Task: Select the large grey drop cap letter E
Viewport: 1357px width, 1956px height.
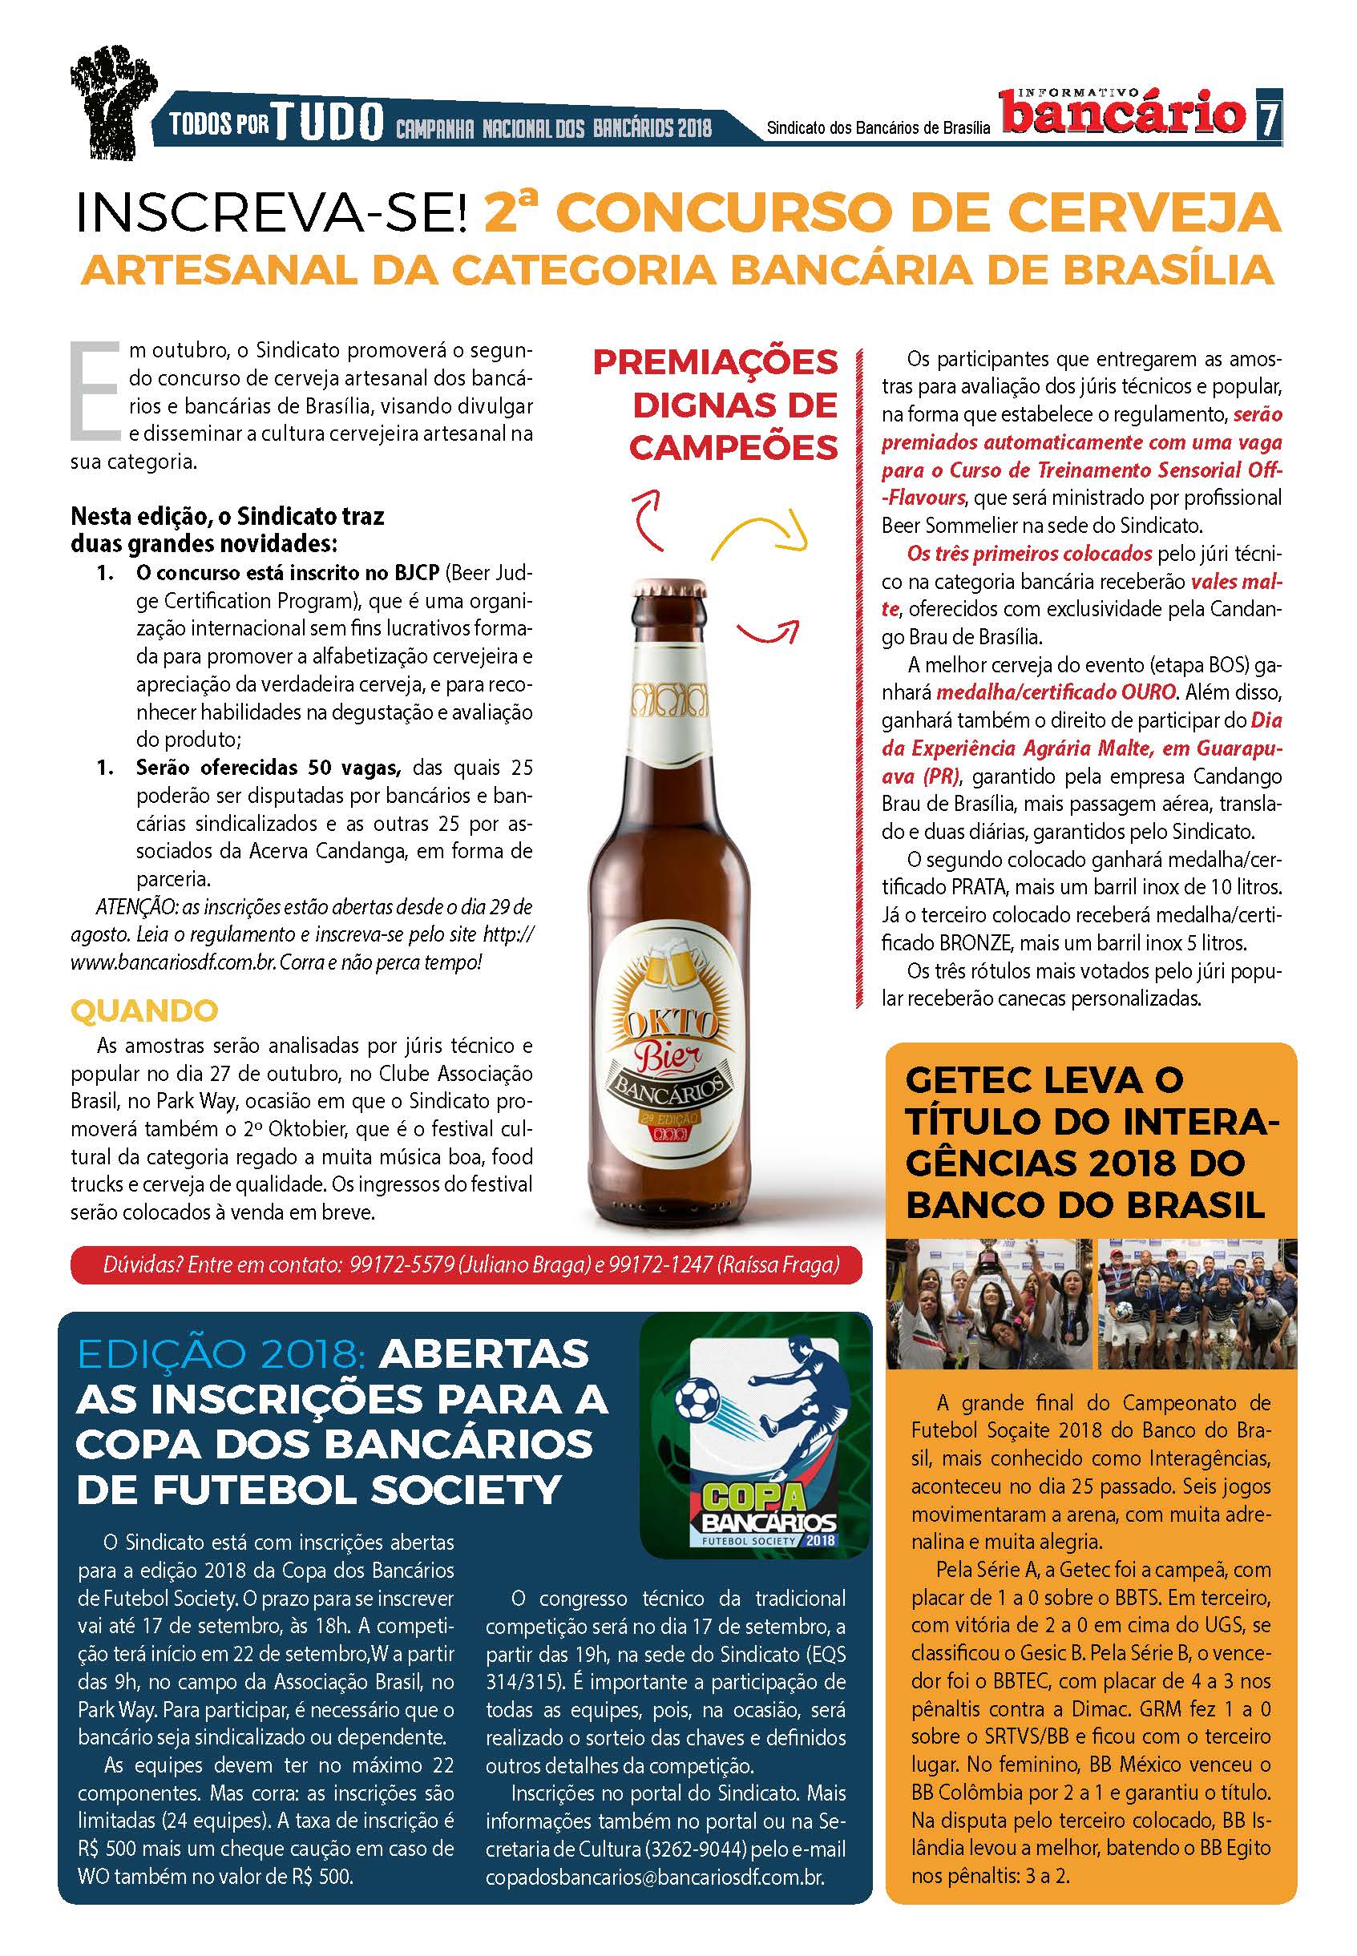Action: pos(95,391)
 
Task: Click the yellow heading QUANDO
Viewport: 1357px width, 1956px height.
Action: pos(144,1010)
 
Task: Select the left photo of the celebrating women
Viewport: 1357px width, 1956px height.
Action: pos(989,1304)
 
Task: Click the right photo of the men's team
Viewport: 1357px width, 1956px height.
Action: pos(1197,1304)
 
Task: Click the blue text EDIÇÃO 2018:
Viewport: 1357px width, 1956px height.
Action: pos(220,1354)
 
